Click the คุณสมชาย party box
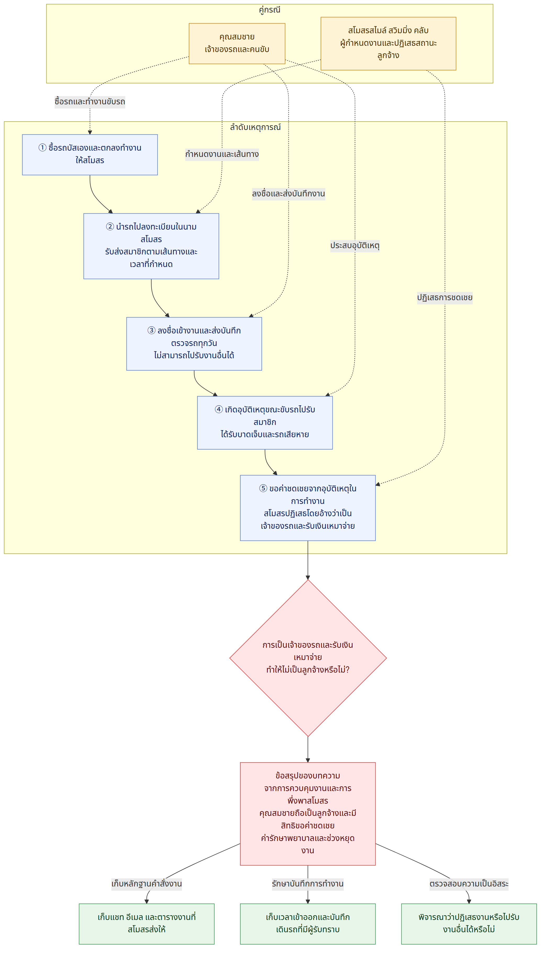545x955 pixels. click(237, 43)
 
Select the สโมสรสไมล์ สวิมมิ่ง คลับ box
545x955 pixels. click(388, 43)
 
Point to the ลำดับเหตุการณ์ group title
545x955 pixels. click(255, 127)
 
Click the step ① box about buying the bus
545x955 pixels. click(90, 155)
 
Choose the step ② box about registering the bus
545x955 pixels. click(151, 246)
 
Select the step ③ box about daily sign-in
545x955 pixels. click(194, 344)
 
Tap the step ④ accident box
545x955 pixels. click(265, 423)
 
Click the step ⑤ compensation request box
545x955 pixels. click(308, 508)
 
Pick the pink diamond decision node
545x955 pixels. click(308, 658)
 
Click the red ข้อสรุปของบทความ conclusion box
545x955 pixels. click(308, 814)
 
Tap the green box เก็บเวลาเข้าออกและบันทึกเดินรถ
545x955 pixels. click(308, 924)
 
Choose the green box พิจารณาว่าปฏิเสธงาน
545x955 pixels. click(469, 924)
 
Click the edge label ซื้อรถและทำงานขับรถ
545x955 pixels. click(90, 102)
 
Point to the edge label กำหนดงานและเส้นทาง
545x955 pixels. click(222, 154)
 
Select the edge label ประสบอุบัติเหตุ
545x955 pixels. click(355, 246)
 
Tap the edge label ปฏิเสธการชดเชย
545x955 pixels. click(445, 298)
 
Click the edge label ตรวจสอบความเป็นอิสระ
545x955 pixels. click(469, 884)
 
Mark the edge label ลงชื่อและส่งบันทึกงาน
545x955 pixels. click(288, 194)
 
